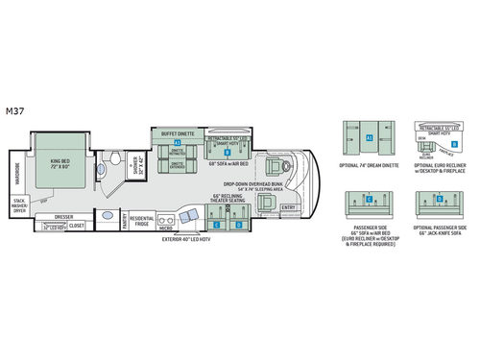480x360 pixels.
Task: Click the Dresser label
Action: (x=64, y=218)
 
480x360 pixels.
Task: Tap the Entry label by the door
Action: (x=288, y=207)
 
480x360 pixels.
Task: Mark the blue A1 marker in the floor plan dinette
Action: (x=178, y=142)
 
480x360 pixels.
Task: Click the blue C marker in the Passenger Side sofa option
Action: (x=369, y=199)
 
